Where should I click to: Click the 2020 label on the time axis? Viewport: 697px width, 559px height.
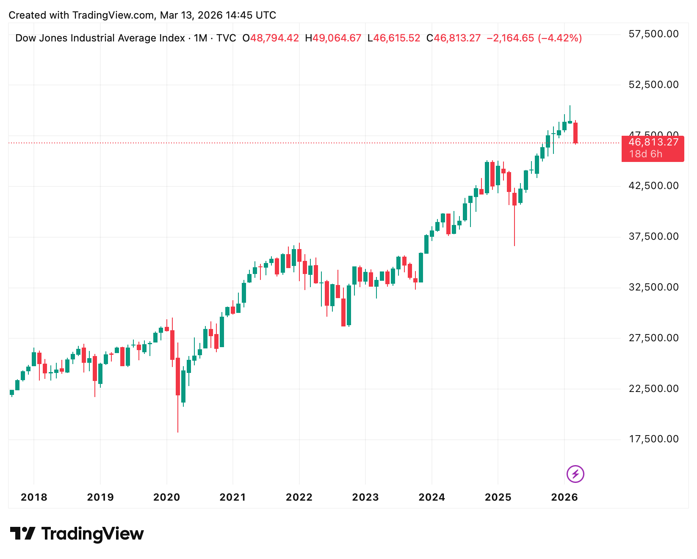pos(166,497)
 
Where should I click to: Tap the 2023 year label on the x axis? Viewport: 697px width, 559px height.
pos(365,497)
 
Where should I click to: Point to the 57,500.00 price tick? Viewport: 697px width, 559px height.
pos(653,34)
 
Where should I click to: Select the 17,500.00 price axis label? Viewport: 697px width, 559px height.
pos(653,439)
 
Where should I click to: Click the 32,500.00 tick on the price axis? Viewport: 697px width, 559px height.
pos(653,287)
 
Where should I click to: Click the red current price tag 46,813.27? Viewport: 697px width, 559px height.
pos(653,142)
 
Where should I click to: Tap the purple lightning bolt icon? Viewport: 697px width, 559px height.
pos(575,474)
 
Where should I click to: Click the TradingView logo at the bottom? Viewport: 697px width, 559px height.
pos(77,534)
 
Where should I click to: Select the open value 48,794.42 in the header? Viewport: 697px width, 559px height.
pos(274,38)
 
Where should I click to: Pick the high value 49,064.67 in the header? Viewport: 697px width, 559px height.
pos(337,38)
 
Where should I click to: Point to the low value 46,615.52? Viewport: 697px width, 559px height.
pos(396,38)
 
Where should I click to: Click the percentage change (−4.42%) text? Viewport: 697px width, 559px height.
pos(560,38)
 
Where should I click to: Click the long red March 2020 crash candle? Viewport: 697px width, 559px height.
pos(178,376)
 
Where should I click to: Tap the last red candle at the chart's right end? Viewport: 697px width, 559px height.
pos(575,133)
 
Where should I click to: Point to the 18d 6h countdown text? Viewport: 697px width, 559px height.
pos(645,154)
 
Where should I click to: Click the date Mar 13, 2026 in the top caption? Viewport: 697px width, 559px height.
pos(191,15)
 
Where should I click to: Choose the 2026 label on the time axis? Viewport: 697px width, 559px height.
pos(564,497)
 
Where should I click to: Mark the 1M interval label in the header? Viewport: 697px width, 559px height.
pos(200,38)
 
